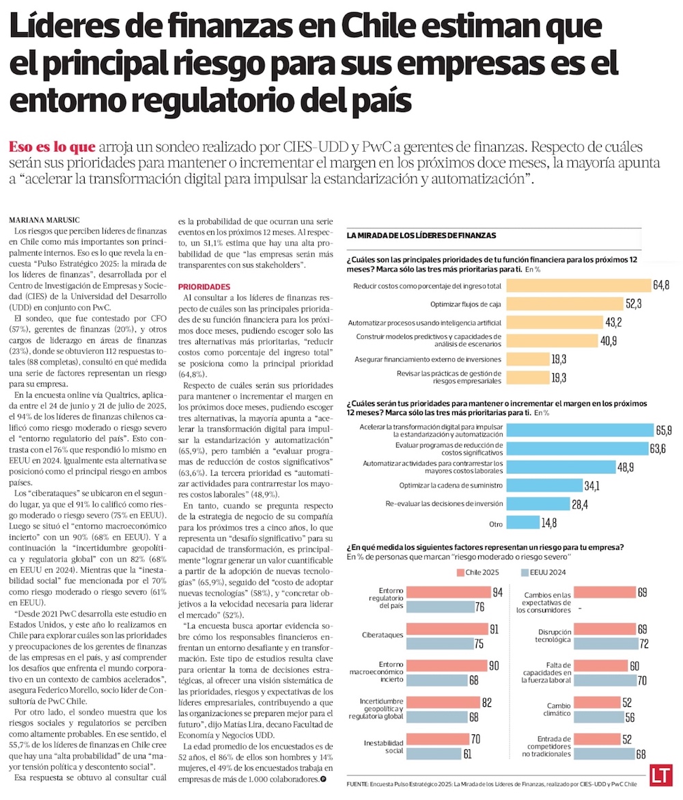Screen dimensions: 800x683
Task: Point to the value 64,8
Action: click(660, 284)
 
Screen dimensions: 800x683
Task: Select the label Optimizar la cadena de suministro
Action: click(451, 485)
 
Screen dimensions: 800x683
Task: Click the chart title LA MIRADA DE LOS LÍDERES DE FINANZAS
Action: click(421, 235)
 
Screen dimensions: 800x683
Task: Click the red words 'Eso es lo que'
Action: click(52, 147)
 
